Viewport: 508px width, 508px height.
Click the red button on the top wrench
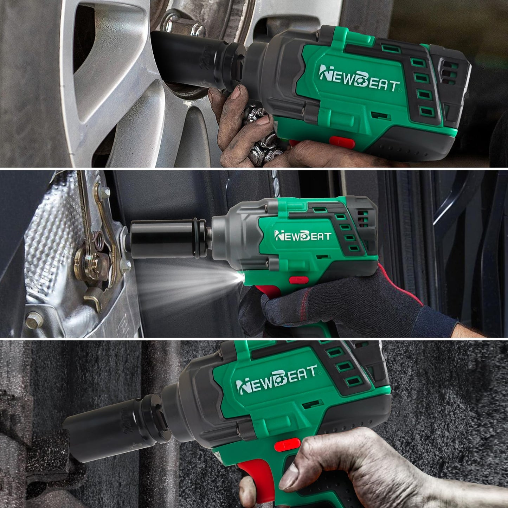[342, 142]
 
